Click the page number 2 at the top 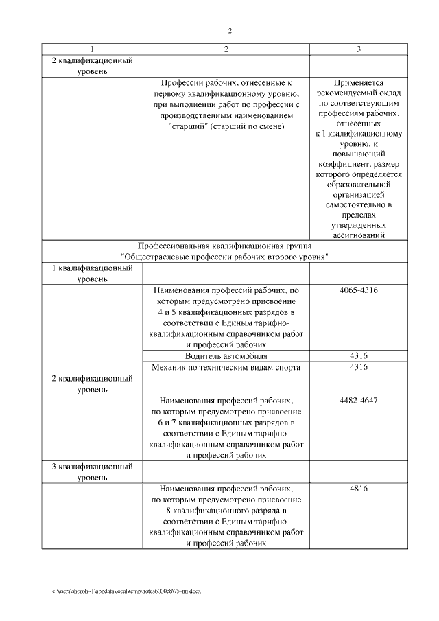coord(230,31)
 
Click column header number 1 coord(92,49)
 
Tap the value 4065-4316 coord(358,291)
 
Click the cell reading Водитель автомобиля coord(226,356)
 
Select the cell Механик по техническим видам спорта coord(226,368)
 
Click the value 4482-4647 coord(358,400)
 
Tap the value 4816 coord(358,489)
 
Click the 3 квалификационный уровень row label coord(92,472)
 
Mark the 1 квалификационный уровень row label coord(92,274)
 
